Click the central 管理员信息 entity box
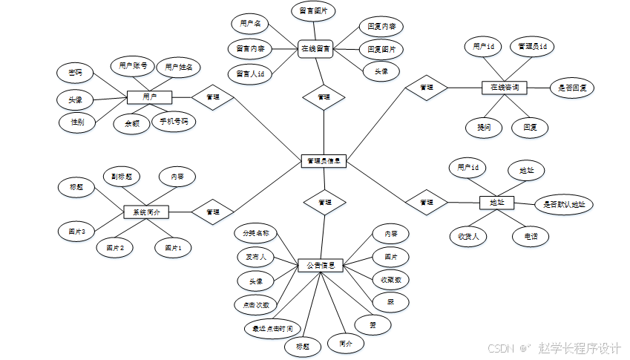tap(324, 160)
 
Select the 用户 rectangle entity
tap(149, 97)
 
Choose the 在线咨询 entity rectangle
tap(505, 88)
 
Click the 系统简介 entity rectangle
tap(145, 212)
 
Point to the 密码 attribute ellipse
tap(75, 73)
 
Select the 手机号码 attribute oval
tap(174, 121)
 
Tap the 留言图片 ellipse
tap(312, 11)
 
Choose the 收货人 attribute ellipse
tap(468, 237)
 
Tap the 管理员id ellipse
tap(533, 46)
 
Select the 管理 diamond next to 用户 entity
tap(213, 97)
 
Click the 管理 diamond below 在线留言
tap(324, 97)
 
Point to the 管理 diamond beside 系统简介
tap(213, 212)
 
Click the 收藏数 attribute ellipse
tap(391, 280)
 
